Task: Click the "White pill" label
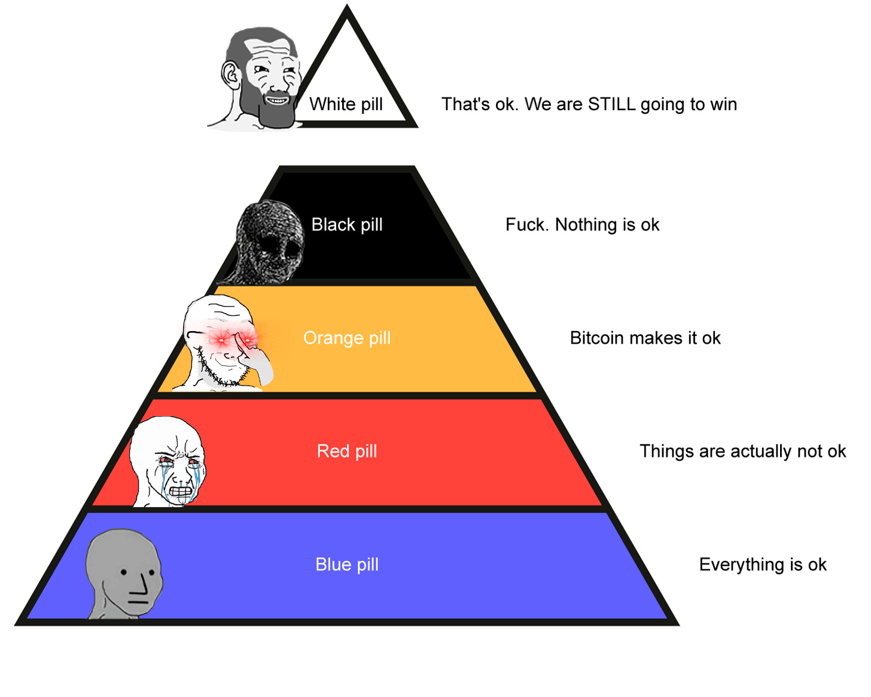point(346,104)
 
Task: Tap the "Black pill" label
point(347,225)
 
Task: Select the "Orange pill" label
point(347,338)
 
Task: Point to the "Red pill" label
point(347,451)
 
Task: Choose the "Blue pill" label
point(347,564)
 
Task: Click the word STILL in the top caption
point(611,104)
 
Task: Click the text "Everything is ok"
point(763,564)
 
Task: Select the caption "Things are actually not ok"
point(742,451)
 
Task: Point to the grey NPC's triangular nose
point(141,584)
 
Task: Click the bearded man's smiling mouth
point(276,100)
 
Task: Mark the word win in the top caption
point(723,104)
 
